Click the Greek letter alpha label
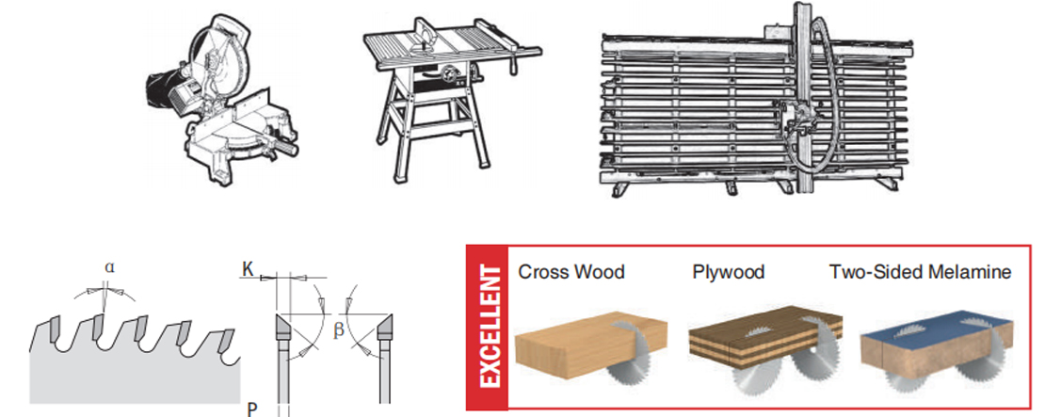coord(109,267)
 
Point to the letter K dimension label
coord(248,269)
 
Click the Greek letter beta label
coord(339,329)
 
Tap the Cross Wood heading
coord(571,272)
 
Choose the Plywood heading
coord(728,272)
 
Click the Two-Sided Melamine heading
coord(921,272)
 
